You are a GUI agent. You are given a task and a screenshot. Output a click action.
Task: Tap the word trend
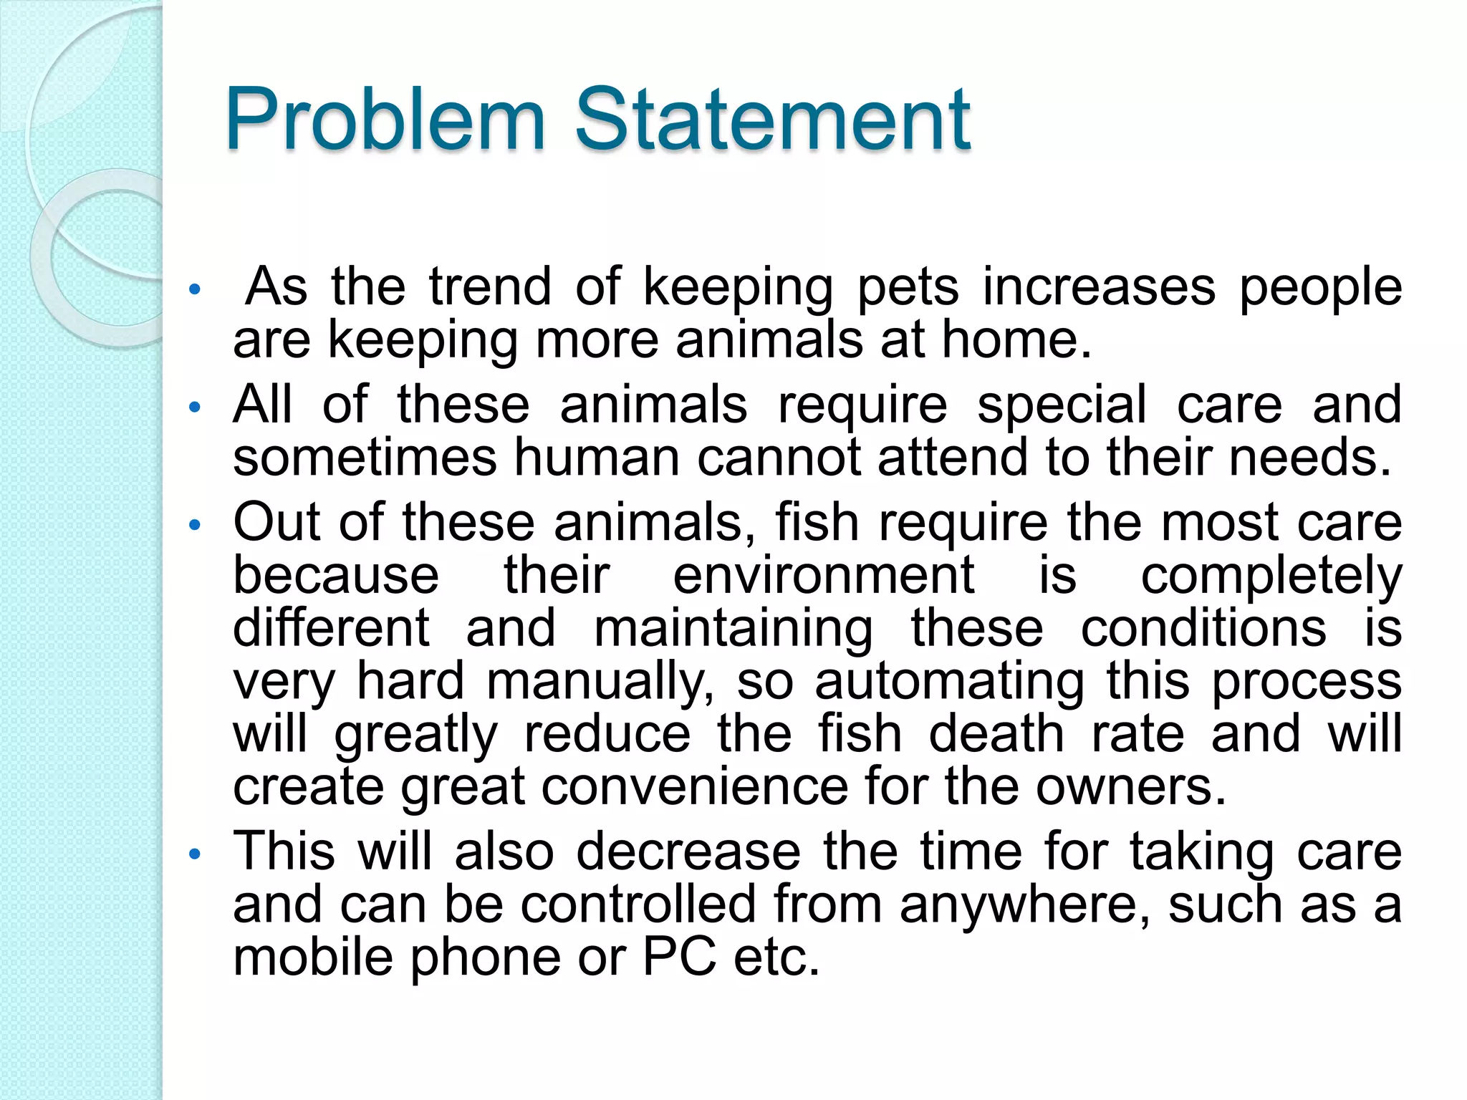click(490, 286)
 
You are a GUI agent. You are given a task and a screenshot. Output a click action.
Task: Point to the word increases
click(1099, 286)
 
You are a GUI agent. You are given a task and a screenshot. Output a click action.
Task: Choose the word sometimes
click(365, 458)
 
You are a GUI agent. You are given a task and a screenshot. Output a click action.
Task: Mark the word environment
click(824, 575)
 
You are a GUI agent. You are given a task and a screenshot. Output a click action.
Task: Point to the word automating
click(949, 682)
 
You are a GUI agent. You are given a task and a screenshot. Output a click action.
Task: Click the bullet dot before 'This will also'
click(193, 854)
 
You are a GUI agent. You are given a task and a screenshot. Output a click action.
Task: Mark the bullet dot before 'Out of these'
click(193, 525)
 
